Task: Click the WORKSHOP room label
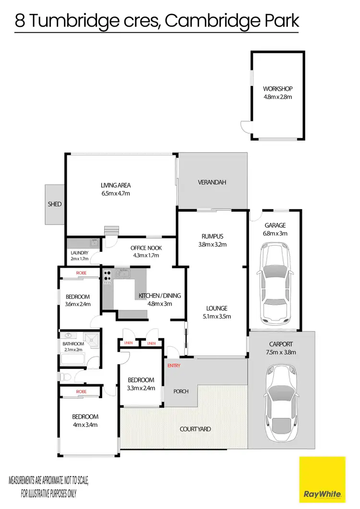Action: click(x=277, y=89)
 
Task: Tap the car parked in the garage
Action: click(x=275, y=283)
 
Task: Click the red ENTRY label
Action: click(x=174, y=366)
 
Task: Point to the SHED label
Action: click(x=55, y=204)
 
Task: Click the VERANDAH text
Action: click(x=212, y=182)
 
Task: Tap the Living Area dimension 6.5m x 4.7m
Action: click(x=116, y=194)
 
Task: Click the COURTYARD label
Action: click(x=195, y=429)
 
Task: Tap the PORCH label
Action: click(x=181, y=391)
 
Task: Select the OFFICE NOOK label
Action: click(x=146, y=248)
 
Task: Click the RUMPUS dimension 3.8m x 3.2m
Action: click(x=213, y=244)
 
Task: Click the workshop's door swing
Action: click(x=246, y=126)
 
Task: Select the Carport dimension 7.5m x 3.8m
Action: click(x=281, y=352)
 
